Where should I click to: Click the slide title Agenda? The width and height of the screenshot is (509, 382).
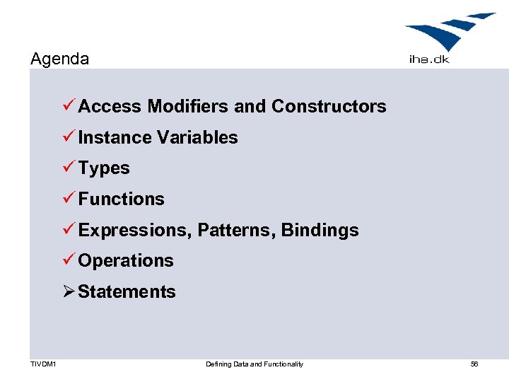tap(59, 59)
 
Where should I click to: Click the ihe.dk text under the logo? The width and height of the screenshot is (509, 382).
tap(428, 60)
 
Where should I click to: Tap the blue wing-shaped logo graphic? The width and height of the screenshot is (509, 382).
tap(448, 32)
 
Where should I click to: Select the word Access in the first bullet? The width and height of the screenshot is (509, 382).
tap(110, 106)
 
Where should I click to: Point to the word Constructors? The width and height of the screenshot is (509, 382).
tap(329, 106)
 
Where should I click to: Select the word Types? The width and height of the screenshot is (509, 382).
tap(104, 168)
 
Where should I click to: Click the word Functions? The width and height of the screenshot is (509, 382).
tap(121, 199)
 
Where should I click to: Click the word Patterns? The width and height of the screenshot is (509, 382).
tap(237, 230)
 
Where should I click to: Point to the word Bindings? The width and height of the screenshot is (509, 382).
tap(320, 230)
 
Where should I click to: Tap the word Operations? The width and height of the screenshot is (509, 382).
tap(126, 260)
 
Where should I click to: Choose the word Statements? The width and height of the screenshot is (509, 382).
tap(127, 291)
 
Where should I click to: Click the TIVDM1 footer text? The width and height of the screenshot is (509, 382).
tap(43, 364)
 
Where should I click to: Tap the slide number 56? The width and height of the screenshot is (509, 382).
tap(474, 364)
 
